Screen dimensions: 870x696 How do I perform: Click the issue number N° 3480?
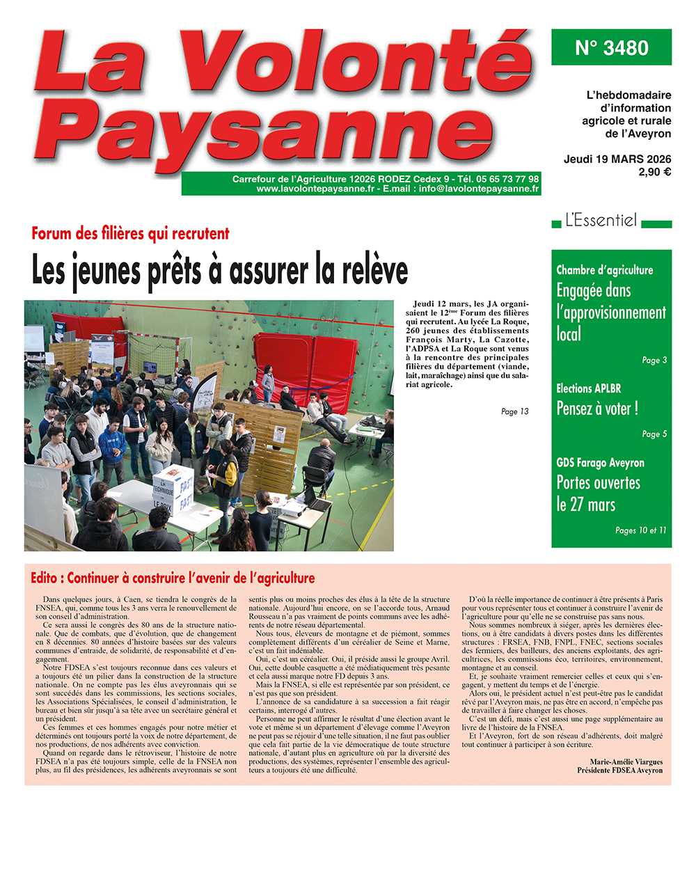point(611,48)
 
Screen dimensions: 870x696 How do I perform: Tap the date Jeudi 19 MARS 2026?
point(617,159)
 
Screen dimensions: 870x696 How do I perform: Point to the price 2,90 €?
point(654,172)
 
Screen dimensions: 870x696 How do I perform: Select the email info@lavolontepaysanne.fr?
point(479,189)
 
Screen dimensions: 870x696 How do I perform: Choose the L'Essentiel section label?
point(601,221)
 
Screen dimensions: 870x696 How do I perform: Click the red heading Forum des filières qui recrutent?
point(130,234)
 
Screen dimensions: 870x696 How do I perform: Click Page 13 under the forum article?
point(514,412)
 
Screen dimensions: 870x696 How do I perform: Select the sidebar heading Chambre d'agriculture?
point(604,270)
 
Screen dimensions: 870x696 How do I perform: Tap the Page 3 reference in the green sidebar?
point(654,361)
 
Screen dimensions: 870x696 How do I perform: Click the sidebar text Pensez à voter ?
point(597,409)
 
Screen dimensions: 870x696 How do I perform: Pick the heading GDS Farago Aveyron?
point(600,463)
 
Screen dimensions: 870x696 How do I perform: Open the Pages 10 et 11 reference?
point(640,530)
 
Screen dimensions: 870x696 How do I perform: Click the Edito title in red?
point(173,578)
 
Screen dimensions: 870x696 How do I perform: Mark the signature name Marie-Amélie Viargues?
point(626,762)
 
